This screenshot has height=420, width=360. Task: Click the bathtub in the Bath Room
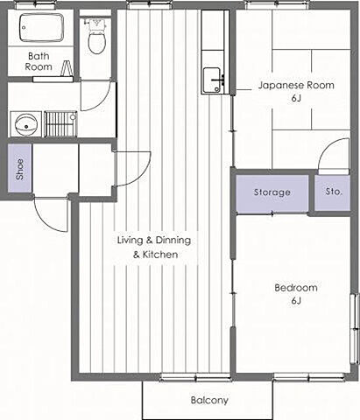41,27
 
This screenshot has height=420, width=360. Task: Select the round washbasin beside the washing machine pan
26,125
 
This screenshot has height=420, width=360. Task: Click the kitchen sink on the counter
212,80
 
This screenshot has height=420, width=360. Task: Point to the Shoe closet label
19,169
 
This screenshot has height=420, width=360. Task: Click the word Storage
272,192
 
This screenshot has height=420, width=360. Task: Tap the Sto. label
334,192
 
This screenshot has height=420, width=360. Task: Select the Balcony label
209,400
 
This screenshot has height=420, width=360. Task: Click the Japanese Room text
296,85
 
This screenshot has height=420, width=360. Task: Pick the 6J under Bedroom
296,300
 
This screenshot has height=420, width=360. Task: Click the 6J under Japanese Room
296,98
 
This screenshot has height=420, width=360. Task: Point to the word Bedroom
296,288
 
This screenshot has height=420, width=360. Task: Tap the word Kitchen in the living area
160,255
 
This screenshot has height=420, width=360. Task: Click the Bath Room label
39,61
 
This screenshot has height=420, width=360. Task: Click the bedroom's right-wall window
355,329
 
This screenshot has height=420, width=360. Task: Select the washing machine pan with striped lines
60,124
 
